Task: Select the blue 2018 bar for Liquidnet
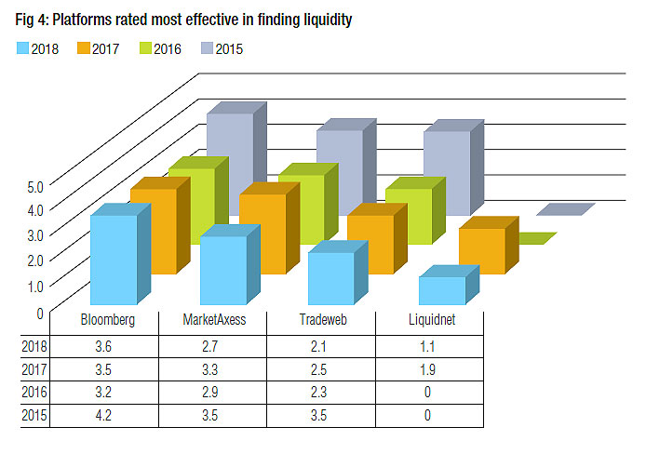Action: coord(441,290)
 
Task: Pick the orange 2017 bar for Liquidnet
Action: coord(481,249)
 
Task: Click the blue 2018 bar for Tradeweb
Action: coord(330,277)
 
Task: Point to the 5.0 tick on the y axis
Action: coord(35,186)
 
